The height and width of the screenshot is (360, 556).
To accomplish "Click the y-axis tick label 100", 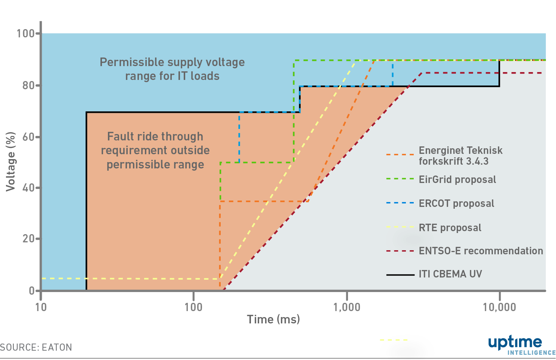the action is coord(25,34).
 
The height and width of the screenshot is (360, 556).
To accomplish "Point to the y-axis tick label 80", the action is coord(28,86).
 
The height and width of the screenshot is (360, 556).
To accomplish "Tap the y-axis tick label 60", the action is coord(28,137).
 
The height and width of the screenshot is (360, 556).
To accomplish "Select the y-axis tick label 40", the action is coord(28,188).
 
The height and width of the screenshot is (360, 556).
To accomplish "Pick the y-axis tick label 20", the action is coord(28,239).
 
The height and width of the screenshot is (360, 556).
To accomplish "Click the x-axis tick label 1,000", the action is coord(347,307).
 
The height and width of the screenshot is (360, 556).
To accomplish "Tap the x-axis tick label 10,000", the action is coord(499,307).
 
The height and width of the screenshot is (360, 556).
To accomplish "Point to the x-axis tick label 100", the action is coord(193,307).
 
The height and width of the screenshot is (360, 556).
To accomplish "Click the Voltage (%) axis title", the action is coord(11,162).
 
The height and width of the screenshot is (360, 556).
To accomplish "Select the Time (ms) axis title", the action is coord(274,319).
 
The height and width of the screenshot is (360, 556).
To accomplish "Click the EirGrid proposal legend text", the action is coord(457,180).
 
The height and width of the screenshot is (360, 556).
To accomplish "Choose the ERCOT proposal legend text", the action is coord(456,203).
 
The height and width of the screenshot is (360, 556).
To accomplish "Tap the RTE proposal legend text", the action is coord(450,228).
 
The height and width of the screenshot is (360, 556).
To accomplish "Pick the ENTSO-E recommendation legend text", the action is coord(481,251).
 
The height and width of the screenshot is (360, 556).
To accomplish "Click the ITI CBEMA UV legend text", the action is coord(450,274).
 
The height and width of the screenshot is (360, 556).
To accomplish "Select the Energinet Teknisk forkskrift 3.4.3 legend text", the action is coord(461,156).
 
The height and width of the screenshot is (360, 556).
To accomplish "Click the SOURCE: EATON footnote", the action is coord(36,347).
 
